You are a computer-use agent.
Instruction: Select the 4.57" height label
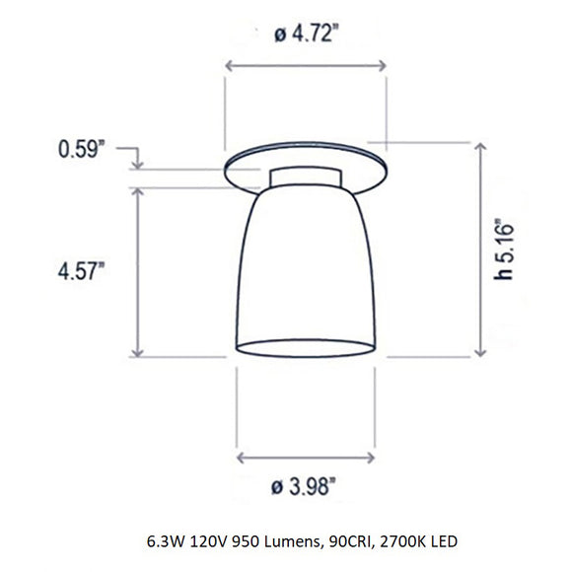click(x=78, y=271)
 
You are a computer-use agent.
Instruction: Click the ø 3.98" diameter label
click(x=307, y=485)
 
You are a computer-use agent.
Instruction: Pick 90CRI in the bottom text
click(x=342, y=541)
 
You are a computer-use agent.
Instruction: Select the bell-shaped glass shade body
click(x=307, y=266)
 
